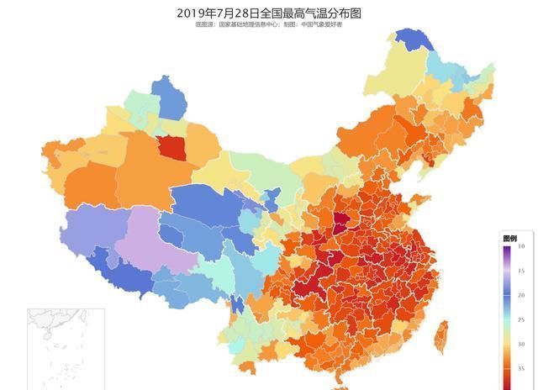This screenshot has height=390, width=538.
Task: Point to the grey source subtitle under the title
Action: click(x=268, y=25)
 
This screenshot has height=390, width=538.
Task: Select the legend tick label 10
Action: click(x=521, y=246)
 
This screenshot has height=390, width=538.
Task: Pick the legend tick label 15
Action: click(x=521, y=271)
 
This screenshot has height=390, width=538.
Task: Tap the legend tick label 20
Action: click(x=521, y=295)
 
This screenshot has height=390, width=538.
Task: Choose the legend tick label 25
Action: click(x=521, y=319)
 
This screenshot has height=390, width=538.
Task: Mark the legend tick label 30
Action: click(x=521, y=344)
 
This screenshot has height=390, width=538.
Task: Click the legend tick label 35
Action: click(x=521, y=368)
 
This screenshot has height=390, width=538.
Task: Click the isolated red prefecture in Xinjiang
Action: click(x=172, y=149)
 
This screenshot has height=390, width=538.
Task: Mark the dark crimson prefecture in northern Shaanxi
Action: click(x=340, y=223)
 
